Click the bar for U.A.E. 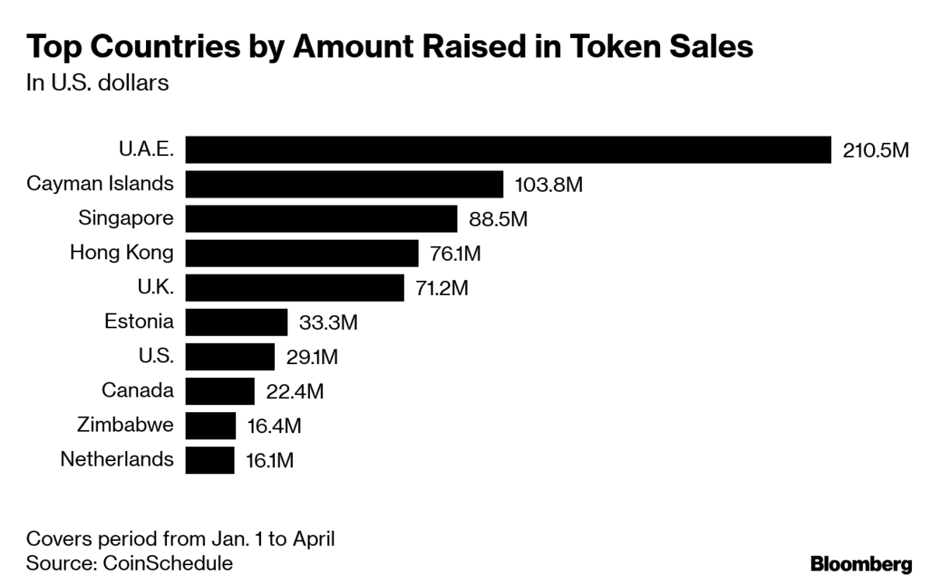tap(509, 149)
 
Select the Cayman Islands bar tap(345, 184)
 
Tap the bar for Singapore tap(322, 218)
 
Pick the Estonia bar tap(237, 321)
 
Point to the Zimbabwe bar tap(211, 425)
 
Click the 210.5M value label tap(875, 150)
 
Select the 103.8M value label tap(548, 185)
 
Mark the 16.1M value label tap(270, 460)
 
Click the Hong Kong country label tap(122, 252)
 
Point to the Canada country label tap(137, 390)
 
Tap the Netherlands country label tap(117, 459)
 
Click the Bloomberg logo tap(861, 564)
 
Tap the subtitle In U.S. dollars tap(98, 83)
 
